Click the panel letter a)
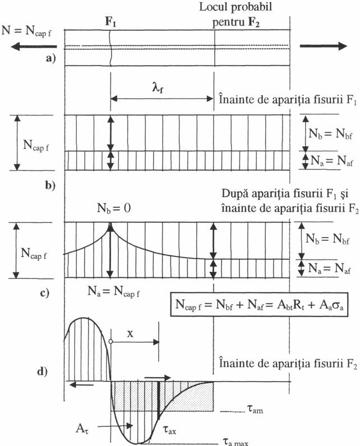pyautogui.click(x=52, y=61)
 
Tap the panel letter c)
pyautogui.click(x=52, y=292)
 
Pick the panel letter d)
pyautogui.click(x=52, y=370)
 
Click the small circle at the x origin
pyautogui.click(x=111, y=341)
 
